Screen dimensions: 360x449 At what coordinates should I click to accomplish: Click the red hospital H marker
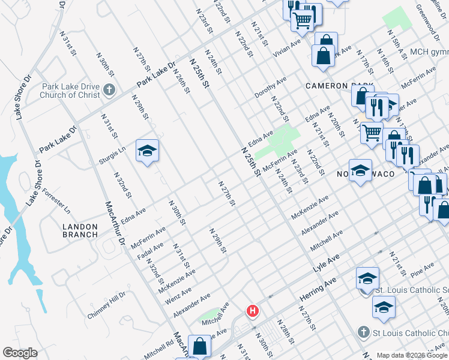[253, 310]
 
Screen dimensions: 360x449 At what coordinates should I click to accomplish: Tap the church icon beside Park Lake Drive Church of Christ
[109, 90]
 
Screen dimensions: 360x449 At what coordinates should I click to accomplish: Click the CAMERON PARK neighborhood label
[339, 86]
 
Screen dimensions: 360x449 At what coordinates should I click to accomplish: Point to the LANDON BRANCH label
[84, 230]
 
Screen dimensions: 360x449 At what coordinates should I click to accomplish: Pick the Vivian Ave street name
[287, 47]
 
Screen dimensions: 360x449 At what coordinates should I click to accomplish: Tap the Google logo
[20, 353]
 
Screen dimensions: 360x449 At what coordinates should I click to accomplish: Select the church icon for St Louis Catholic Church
[363, 332]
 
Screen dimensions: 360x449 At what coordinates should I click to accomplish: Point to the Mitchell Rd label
[158, 348]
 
